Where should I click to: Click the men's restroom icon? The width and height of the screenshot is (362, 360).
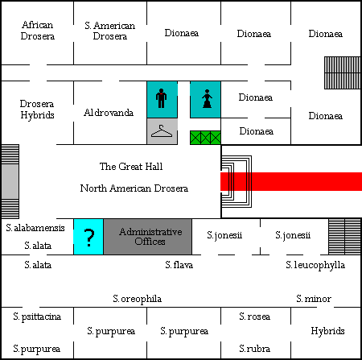tap(161, 98)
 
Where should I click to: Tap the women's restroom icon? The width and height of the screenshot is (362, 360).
tap(207, 98)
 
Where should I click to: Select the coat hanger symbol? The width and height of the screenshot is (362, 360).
tap(162, 131)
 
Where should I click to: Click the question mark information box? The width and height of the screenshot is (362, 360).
tap(88, 237)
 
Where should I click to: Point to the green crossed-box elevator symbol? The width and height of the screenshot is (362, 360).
tap(205, 138)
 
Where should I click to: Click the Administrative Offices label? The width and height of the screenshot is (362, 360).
tap(150, 237)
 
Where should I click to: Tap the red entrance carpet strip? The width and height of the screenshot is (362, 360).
tap(291, 181)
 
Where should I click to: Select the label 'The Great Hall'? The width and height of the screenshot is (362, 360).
tap(131, 167)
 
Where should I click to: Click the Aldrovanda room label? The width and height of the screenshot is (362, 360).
tap(109, 113)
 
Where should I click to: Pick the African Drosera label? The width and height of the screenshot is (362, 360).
tap(38, 31)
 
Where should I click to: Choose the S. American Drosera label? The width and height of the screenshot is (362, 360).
tap(110, 31)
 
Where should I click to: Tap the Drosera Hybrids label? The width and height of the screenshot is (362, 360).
tap(37, 110)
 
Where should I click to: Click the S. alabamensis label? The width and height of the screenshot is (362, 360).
tap(35, 228)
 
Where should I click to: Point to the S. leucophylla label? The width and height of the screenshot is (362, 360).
tap(315, 265)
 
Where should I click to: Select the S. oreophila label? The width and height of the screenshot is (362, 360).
tap(138, 299)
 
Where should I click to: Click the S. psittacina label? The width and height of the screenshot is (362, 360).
tap(37, 317)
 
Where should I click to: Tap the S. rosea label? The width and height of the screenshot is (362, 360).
tap(255, 317)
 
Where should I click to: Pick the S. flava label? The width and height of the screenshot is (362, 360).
tap(179, 265)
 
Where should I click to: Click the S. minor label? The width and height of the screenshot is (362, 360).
tap(314, 299)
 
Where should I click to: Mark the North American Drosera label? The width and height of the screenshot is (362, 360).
tap(134, 188)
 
